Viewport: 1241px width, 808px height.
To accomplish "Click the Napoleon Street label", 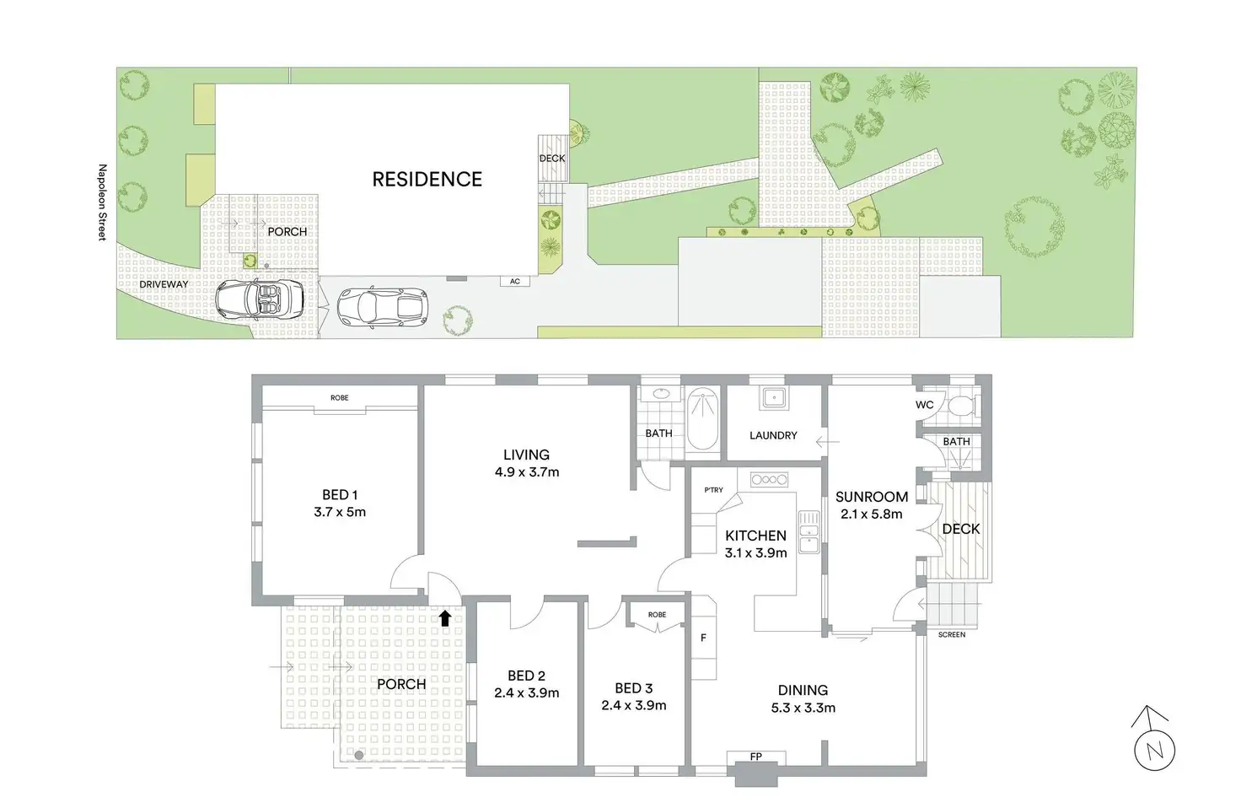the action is (102, 202).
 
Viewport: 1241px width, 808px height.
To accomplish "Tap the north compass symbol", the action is (1154, 739).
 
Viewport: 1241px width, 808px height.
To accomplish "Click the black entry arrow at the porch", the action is (445, 618).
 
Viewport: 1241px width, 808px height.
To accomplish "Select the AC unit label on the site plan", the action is (514, 282).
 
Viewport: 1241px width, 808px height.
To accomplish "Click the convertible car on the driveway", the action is (260, 299).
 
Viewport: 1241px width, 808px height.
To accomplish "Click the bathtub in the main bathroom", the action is (702, 418).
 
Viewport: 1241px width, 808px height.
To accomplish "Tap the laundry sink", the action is (773, 397).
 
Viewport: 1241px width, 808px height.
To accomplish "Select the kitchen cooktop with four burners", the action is (769, 479).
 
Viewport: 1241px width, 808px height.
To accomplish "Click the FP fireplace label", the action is (755, 757).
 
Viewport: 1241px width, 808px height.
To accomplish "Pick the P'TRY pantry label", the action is (713, 490).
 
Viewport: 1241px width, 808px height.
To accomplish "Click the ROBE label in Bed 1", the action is (340, 398).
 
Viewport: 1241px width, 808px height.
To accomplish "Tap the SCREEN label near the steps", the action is (952, 634).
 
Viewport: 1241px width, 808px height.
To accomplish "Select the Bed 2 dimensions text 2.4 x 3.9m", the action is (526, 692).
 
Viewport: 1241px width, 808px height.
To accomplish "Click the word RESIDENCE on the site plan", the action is (427, 179).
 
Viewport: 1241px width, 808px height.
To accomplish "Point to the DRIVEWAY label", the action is (164, 284).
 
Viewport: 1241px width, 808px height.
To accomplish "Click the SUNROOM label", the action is (872, 497).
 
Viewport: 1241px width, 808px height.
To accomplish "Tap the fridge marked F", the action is (704, 638).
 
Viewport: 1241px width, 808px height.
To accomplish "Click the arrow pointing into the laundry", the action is (828, 442).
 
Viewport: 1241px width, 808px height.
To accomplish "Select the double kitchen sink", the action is (809, 531).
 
